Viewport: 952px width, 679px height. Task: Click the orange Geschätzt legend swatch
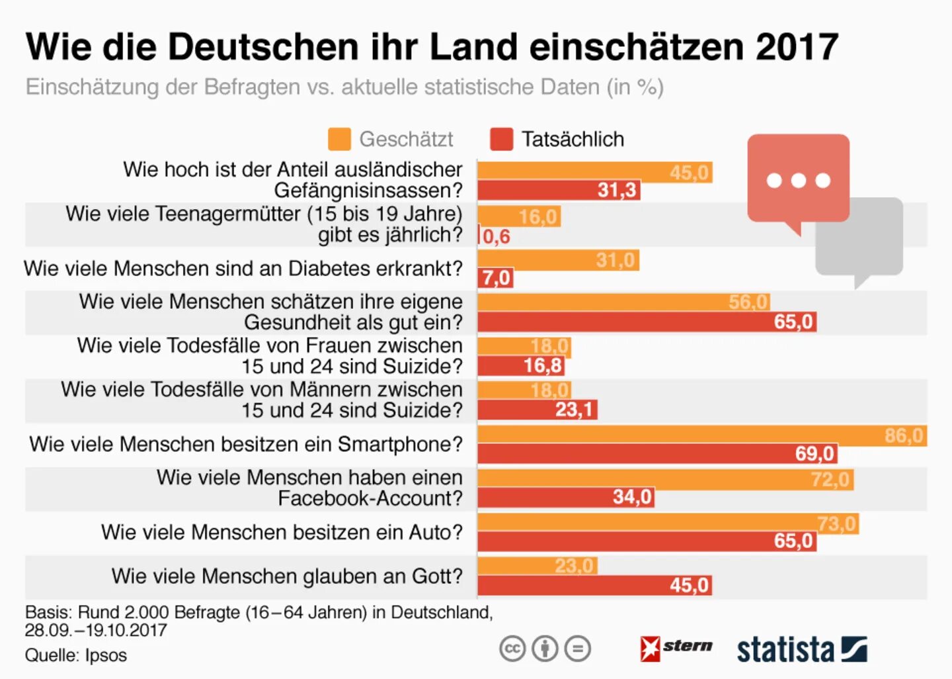click(339, 139)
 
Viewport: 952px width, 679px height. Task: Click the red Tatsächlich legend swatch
click(501, 139)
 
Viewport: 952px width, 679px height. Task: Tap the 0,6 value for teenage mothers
click(496, 236)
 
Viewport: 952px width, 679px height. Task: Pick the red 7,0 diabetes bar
click(495, 278)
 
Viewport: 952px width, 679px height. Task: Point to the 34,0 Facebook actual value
click(632, 497)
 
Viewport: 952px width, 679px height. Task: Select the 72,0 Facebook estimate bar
click(664, 479)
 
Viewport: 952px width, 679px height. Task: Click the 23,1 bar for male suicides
click(537, 410)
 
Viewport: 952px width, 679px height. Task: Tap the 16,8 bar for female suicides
click(521, 365)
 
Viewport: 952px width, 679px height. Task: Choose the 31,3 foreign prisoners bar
click(559, 191)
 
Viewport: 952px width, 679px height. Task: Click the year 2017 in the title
click(797, 47)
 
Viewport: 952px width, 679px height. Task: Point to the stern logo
click(676, 648)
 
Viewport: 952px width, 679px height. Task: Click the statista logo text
click(785, 650)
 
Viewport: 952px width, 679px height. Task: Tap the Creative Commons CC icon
click(512, 649)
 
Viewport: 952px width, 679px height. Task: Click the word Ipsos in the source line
click(106, 655)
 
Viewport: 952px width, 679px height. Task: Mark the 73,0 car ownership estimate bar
click(668, 523)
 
